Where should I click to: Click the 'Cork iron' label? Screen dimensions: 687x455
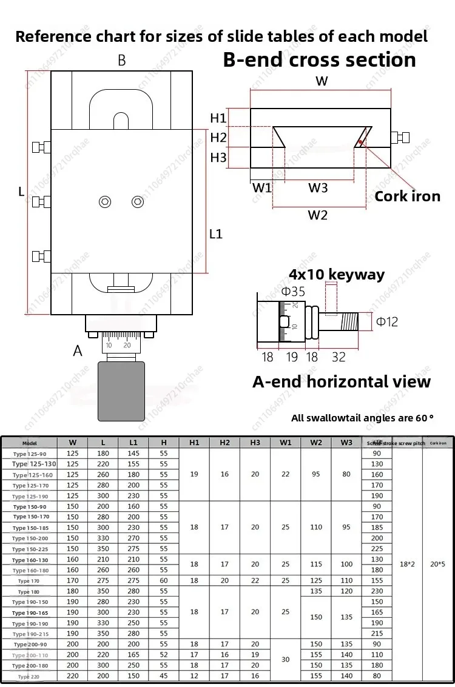coord(407,196)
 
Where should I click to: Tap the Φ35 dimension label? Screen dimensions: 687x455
coord(294,292)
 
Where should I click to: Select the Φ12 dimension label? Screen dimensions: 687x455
coord(387,321)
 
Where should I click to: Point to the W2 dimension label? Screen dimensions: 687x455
coord(317,215)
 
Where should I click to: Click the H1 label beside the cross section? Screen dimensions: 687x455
coord(218,118)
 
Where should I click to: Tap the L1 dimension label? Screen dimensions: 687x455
coord(216,233)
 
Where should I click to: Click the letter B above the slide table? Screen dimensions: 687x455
coord(121,60)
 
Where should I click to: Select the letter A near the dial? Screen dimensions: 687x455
coord(78,350)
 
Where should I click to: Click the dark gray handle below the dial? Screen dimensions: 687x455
coord(121,390)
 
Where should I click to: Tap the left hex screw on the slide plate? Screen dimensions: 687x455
coord(106,202)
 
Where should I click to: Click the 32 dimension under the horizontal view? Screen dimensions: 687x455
coord(339,357)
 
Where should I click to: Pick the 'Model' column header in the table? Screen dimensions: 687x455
coord(29,443)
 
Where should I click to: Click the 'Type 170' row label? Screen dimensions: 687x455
coord(29,581)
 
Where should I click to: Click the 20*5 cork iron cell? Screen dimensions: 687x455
coord(437,564)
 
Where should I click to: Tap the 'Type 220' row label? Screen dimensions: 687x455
coord(29,676)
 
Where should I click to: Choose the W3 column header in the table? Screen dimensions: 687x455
coord(346,443)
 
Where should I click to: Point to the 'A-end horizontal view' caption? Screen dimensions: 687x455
coord(341,381)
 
